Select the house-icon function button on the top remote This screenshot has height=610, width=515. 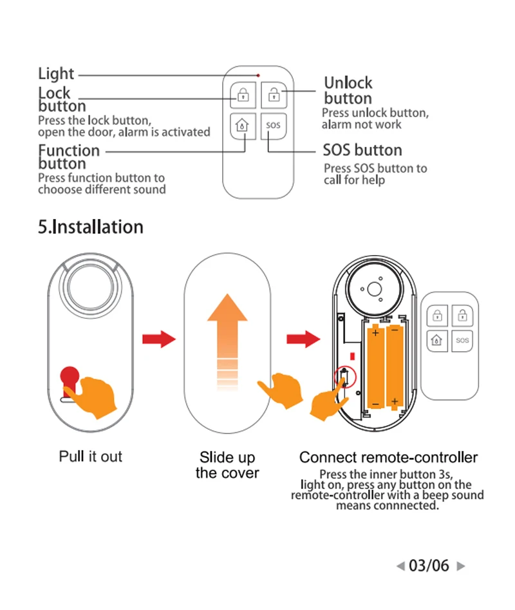pos(242,124)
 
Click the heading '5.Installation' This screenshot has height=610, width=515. pos(90,227)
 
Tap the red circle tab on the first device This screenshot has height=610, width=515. pos(70,376)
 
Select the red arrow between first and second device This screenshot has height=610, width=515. pos(158,339)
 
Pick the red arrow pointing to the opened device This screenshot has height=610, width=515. pos(303,339)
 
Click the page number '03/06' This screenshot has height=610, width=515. pos(429,566)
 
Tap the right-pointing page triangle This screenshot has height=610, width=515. pos(460,567)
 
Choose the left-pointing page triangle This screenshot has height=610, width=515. pos(400,567)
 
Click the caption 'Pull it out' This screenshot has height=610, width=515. pos(90,457)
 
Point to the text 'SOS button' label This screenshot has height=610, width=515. pos(362,151)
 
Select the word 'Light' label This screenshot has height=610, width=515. pos(56,73)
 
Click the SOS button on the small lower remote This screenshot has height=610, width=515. pos(462,340)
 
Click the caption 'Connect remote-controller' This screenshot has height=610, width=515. pos(388,458)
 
